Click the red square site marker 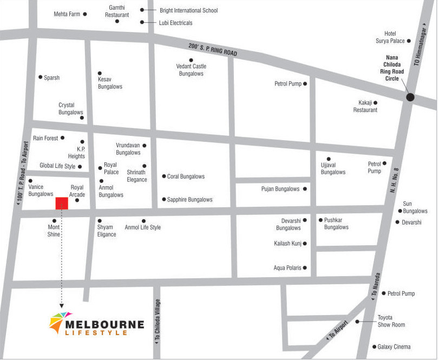click(62, 203)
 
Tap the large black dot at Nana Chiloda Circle click(410, 97)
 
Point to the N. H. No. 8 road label click(395, 181)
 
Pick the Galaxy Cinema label click(394, 346)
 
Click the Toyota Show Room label click(391, 321)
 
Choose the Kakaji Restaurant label click(365, 106)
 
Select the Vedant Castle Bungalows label click(191, 70)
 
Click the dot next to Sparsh click(40, 77)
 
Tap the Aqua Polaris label click(287, 268)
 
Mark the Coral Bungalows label click(186, 176)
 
